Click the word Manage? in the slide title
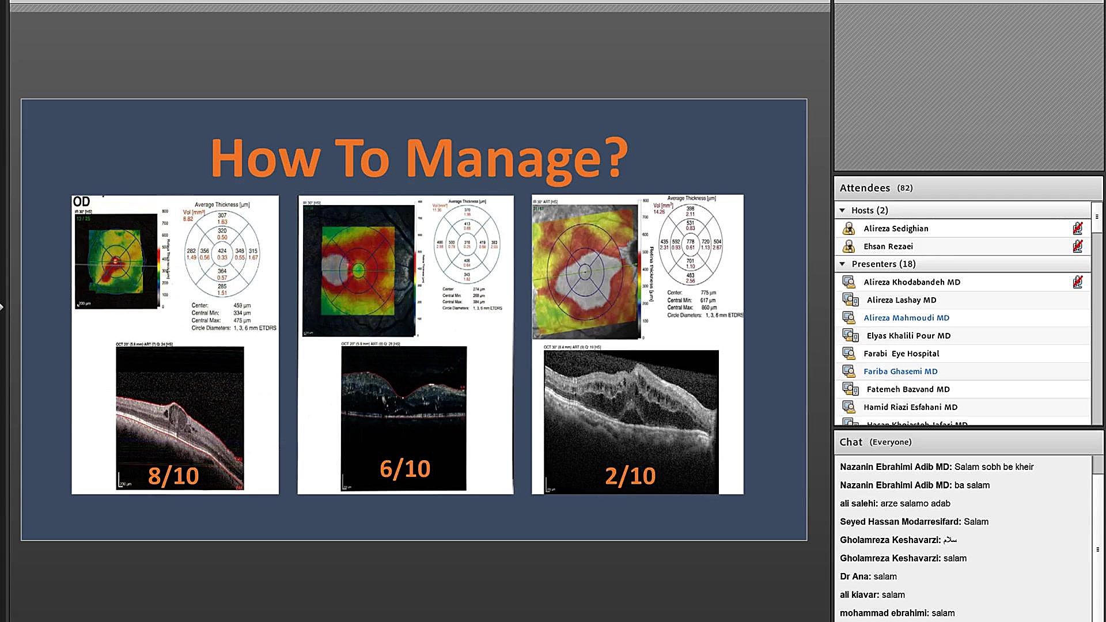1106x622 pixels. pos(517,159)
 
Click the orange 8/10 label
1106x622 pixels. pos(173,476)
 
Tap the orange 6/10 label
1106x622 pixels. pos(405,469)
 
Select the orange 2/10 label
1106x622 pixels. pos(630,476)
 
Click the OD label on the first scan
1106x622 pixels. pos(81,202)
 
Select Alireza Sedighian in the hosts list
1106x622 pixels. pos(896,229)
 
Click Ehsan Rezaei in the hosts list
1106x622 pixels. pos(888,246)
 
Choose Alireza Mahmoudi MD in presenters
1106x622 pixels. pos(906,318)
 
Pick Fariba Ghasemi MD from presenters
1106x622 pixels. pos(900,371)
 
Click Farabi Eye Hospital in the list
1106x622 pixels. pos(901,354)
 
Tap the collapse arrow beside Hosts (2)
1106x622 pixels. pos(842,211)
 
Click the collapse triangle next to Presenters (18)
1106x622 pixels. pos(842,264)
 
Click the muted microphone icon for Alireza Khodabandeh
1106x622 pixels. pos(1077,282)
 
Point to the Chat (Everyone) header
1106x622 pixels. pos(875,442)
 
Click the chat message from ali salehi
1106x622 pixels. pos(895,503)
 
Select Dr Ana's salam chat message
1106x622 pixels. pos(868,577)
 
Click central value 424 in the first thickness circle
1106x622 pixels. pos(222,251)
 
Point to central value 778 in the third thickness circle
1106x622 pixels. pos(690,242)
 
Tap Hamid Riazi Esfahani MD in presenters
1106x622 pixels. pos(910,407)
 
